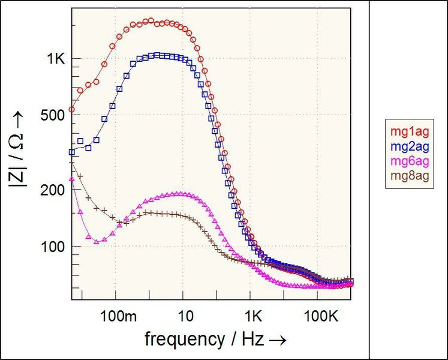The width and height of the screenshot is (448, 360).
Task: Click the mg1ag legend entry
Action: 406,131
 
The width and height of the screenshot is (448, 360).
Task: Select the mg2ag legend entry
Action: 406,146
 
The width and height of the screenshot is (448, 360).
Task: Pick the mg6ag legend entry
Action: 406,161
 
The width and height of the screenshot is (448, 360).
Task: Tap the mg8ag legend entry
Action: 406,176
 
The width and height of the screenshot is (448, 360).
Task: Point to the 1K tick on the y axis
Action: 56,59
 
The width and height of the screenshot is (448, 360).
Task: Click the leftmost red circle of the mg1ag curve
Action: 72,110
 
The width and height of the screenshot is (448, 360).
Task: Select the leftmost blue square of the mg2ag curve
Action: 72,152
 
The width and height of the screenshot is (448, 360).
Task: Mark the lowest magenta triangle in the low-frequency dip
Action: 96,241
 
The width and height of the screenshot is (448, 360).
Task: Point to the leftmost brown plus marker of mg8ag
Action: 72,163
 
